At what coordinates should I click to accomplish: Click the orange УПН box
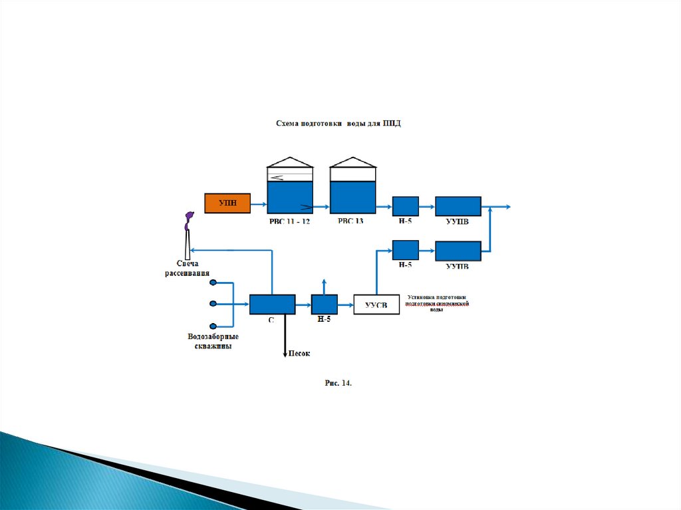pyautogui.click(x=227, y=203)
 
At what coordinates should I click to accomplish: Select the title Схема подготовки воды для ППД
pyautogui.click(x=339, y=124)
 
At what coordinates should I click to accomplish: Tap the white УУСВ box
pyautogui.click(x=376, y=305)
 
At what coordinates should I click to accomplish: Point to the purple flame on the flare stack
pyautogui.click(x=189, y=217)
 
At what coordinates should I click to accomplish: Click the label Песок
pyautogui.click(x=299, y=354)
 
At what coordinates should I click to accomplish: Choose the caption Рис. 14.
pyautogui.click(x=338, y=384)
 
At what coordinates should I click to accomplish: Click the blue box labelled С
pyautogui.click(x=272, y=305)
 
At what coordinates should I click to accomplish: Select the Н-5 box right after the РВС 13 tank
pyautogui.click(x=405, y=206)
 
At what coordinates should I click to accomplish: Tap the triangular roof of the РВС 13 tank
pyautogui.click(x=353, y=162)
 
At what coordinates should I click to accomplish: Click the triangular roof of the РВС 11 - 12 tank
pyautogui.click(x=289, y=162)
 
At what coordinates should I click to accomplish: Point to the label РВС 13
pyautogui.click(x=350, y=221)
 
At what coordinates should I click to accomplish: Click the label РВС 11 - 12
pyautogui.click(x=289, y=221)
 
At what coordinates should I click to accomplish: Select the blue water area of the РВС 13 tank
pyautogui.click(x=353, y=197)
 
